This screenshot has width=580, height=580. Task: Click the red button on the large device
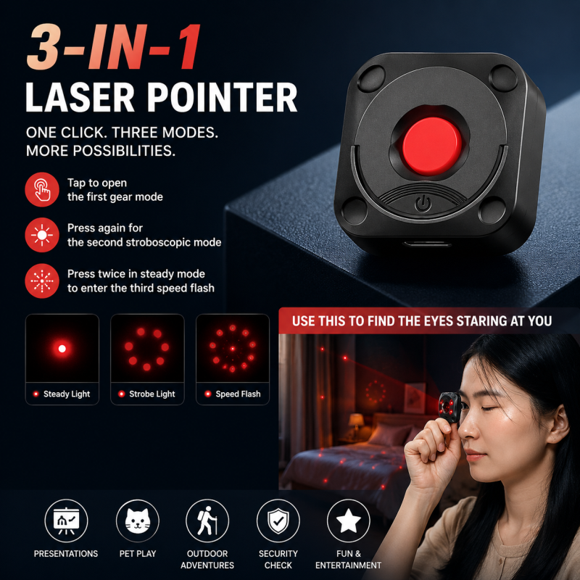431,146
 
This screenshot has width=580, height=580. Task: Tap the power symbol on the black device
423,204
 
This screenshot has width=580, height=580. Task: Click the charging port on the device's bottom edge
427,244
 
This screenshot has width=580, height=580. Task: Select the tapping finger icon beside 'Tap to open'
42,189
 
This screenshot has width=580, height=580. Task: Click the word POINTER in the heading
223,97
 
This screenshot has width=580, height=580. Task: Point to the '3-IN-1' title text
114,47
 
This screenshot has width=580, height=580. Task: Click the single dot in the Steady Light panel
62,349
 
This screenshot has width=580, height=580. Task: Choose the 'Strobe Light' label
152,394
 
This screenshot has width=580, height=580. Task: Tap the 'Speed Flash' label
238,394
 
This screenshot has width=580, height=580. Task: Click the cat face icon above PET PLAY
138,521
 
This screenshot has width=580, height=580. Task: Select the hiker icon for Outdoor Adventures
207,521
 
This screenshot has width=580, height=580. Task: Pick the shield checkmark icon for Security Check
278,521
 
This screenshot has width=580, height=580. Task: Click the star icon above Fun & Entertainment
349,520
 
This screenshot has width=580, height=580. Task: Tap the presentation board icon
66,521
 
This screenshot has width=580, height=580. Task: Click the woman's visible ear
557,423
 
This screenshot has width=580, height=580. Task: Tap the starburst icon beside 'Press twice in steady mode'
42,281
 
